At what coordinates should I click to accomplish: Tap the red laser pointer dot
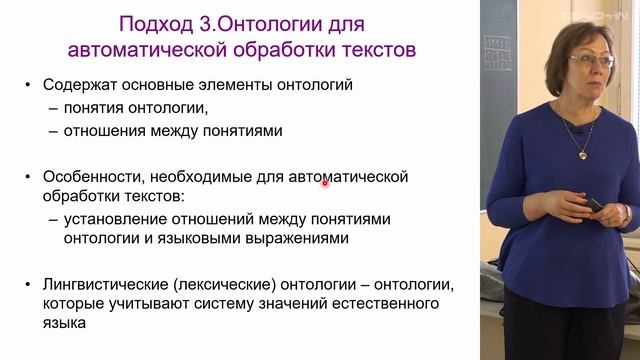point(325,182)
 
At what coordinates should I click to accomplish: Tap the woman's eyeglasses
point(591,61)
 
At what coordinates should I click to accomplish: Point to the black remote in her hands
point(592,206)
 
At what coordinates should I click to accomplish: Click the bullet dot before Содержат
point(32,87)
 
